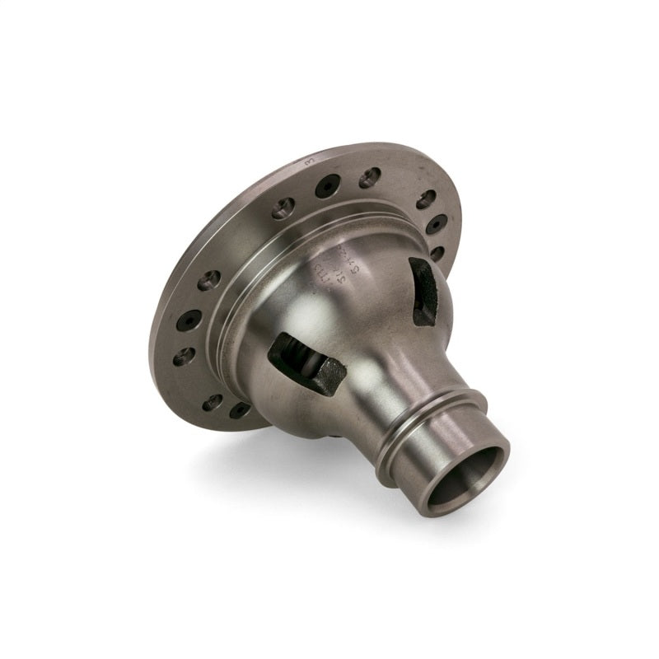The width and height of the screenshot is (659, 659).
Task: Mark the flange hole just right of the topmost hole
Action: point(427,198)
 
